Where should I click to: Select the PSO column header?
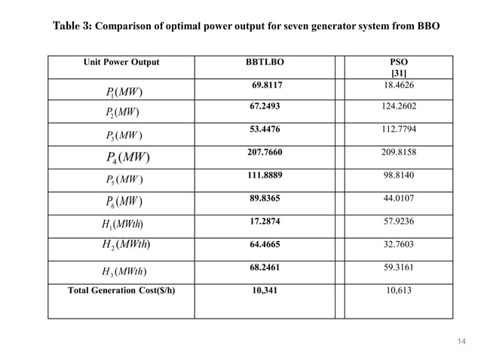click(396, 62)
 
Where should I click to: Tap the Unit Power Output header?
click(121, 62)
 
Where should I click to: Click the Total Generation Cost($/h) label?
click(121, 289)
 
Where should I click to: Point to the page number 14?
click(463, 341)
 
